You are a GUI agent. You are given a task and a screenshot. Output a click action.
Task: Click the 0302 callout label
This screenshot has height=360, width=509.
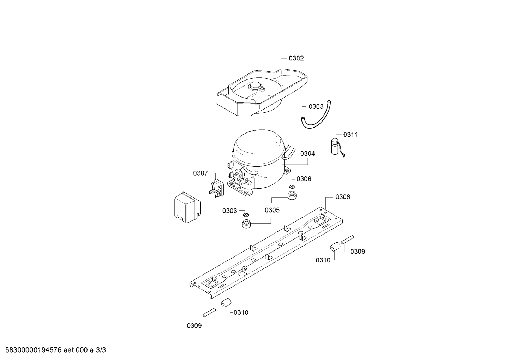[296, 58]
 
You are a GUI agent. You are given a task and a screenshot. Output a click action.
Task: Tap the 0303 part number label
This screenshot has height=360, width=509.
[316, 106]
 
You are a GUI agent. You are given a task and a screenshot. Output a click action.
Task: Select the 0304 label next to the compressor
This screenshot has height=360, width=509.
[307, 154]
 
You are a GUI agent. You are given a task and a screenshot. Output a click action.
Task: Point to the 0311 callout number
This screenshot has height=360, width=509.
[351, 135]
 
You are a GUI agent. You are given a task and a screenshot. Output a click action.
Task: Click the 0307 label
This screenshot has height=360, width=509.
[200, 173]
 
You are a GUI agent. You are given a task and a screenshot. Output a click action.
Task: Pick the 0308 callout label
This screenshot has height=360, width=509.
[343, 197]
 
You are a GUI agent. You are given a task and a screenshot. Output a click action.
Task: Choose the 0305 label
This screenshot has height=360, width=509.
[272, 210]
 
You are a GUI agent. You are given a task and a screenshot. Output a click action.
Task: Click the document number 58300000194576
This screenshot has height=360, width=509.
[32, 350]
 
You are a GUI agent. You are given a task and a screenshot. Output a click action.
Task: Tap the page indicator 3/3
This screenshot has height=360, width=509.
[101, 350]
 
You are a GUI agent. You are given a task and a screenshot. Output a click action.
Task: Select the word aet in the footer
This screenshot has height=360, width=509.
[70, 350]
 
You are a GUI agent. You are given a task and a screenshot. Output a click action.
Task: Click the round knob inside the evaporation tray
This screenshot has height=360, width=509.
[255, 86]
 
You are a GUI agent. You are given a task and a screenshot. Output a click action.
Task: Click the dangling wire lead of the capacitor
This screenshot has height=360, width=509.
[343, 153]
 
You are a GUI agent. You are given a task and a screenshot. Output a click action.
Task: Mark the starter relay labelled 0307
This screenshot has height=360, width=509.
[216, 187]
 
